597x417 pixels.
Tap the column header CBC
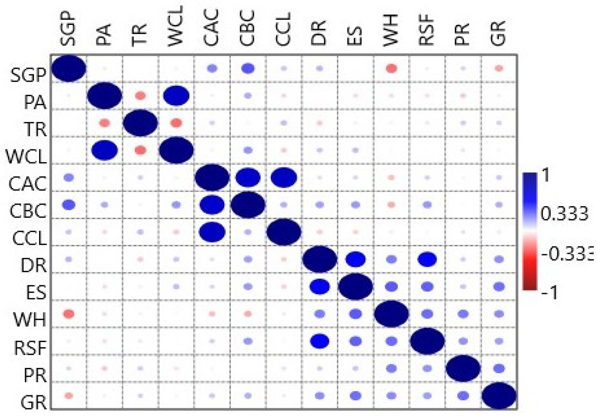pos(247,28)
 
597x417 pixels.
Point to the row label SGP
pos(28,75)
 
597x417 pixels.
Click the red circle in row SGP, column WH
pos(391,68)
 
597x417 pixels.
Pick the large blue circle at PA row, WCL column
pos(176,96)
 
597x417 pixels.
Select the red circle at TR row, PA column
pos(105,123)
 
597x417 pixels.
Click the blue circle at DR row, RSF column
pos(427,259)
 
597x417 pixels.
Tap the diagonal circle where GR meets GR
pos(499,396)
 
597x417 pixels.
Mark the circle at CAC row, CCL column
pos(284,178)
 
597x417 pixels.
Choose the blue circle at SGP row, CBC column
pos(247,68)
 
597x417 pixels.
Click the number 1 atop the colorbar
pos(546,175)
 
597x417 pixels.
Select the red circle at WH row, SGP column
pos(69,314)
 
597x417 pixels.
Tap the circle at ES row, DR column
pos(319,287)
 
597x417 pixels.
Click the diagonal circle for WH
pos(391,314)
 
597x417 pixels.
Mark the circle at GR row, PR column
pos(463,396)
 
